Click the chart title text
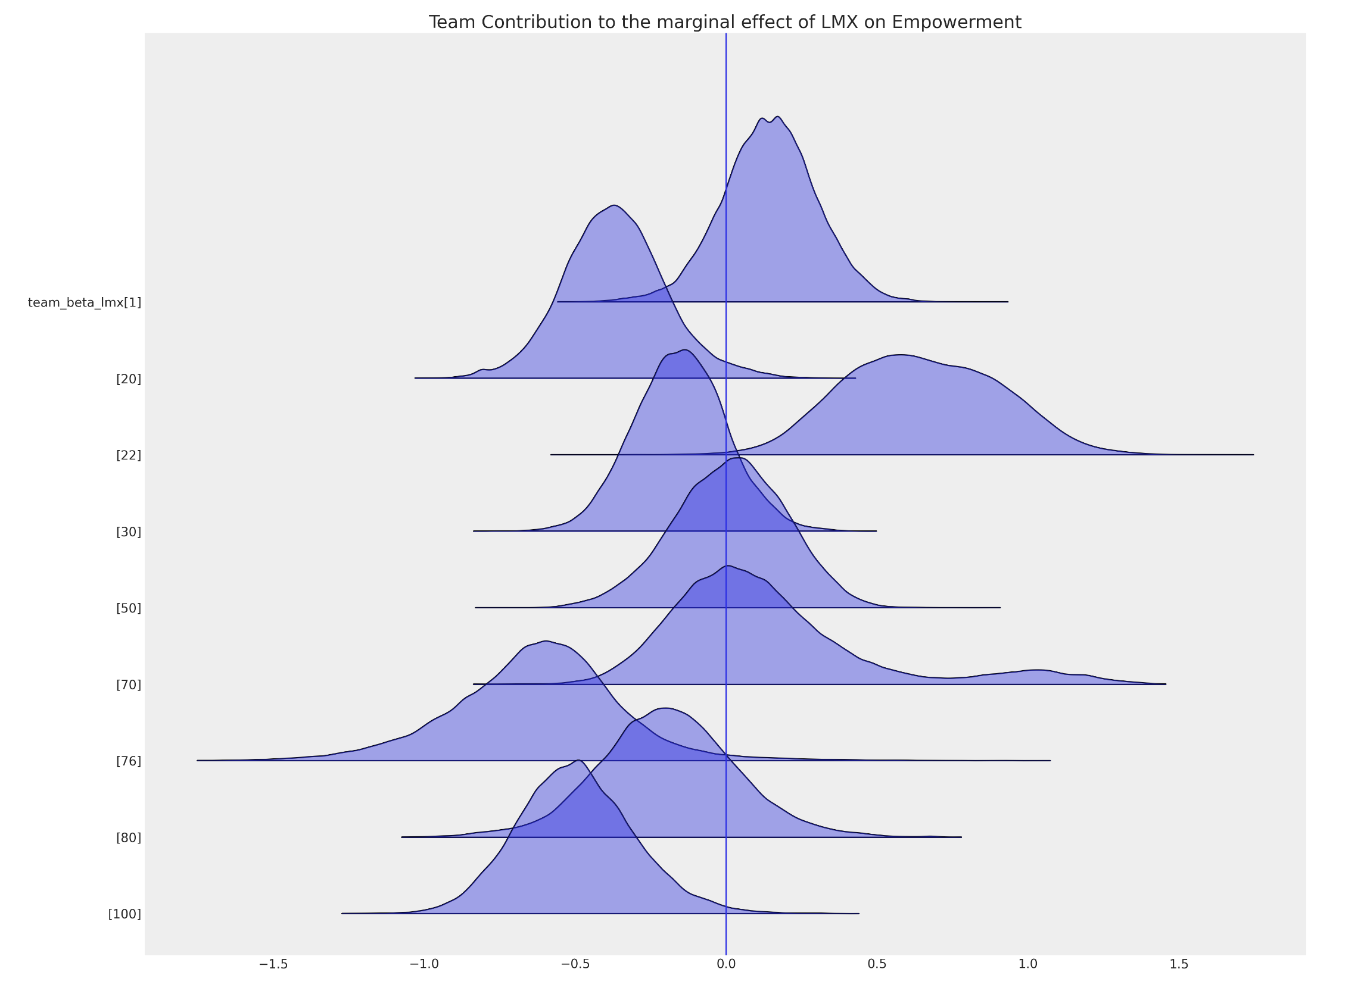coord(725,22)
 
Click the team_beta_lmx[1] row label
coord(85,302)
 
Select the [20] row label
coord(129,379)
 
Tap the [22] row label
coord(129,455)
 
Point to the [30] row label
coord(129,532)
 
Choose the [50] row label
coord(129,608)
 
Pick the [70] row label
coord(129,684)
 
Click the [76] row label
coord(129,761)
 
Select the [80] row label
coord(129,837)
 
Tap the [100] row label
coord(125,914)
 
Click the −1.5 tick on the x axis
coord(273,964)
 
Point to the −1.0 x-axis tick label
coord(424,964)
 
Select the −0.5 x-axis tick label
coord(575,964)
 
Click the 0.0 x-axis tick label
coord(726,964)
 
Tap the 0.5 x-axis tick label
coord(877,964)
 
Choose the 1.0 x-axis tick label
coord(1028,964)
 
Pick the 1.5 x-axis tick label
coord(1179,964)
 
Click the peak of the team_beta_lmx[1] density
coord(778,117)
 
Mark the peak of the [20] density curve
coord(614,205)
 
